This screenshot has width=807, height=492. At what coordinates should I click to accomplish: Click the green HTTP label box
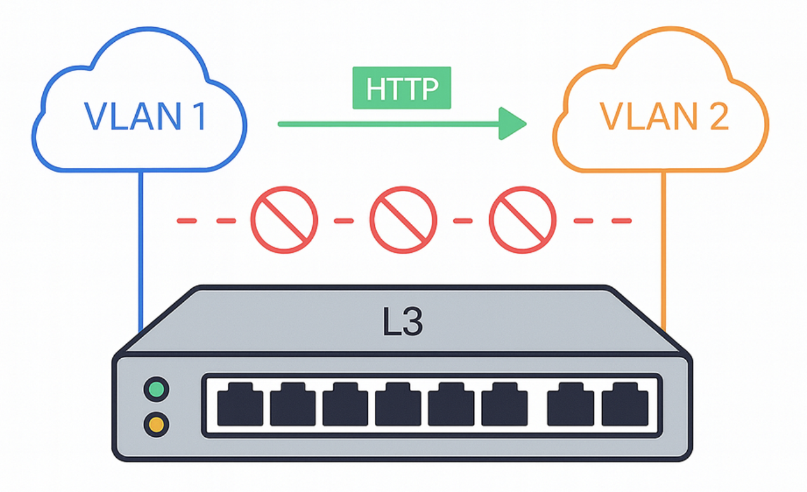(x=402, y=87)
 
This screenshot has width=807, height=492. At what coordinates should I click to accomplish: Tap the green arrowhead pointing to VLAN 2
(x=511, y=124)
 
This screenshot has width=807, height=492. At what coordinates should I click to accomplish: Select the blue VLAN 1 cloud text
(x=145, y=116)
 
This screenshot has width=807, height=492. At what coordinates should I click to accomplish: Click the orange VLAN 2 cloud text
(x=664, y=116)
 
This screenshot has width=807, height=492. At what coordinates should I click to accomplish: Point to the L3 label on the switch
(x=402, y=323)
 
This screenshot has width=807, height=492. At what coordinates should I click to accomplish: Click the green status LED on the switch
(x=156, y=389)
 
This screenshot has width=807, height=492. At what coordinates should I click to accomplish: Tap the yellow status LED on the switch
(x=156, y=422)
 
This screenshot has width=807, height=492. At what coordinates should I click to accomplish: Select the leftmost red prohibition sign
(x=284, y=220)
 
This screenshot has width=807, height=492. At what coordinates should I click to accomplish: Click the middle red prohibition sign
(x=403, y=220)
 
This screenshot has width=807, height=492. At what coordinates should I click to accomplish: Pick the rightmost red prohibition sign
(x=522, y=220)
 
